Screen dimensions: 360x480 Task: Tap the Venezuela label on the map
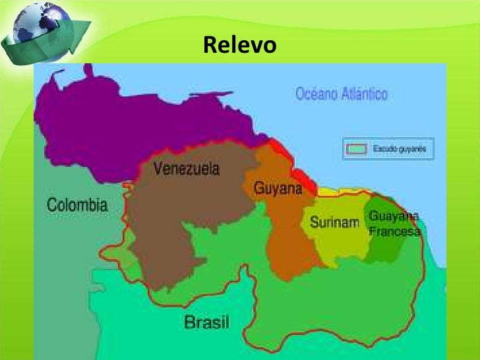187,169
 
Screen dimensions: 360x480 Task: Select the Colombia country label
76,205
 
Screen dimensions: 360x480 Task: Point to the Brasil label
206,322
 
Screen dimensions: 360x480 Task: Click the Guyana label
278,189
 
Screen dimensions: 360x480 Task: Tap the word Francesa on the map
395,231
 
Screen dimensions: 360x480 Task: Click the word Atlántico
363,94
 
